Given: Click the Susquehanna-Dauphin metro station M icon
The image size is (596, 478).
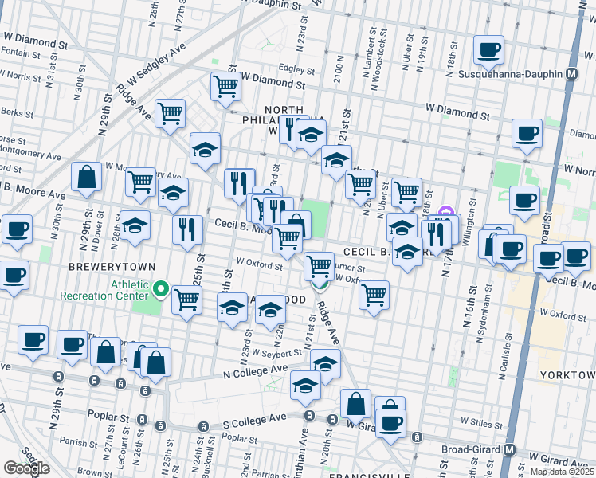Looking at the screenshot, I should point(571,74).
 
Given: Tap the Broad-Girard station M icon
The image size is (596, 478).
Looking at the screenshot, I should point(509,449).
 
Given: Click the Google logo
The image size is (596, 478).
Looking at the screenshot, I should point(26,468).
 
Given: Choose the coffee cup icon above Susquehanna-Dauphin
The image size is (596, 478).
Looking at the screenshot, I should point(488,50).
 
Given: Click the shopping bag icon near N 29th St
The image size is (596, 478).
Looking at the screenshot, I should point(86,178).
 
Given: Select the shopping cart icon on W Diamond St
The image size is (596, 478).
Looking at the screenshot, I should point(226,85).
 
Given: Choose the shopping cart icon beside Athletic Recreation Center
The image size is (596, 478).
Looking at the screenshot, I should point(186,300).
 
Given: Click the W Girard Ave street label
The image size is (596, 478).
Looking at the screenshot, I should point(557,461).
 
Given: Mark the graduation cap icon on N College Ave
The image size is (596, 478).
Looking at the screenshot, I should point(325,363).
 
